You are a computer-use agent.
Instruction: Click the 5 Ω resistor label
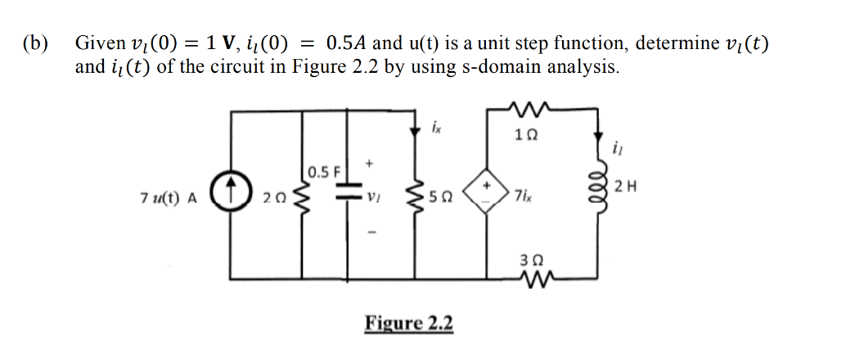(x=443, y=198)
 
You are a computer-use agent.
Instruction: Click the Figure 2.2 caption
(x=409, y=323)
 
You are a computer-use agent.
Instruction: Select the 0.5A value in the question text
(x=349, y=43)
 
